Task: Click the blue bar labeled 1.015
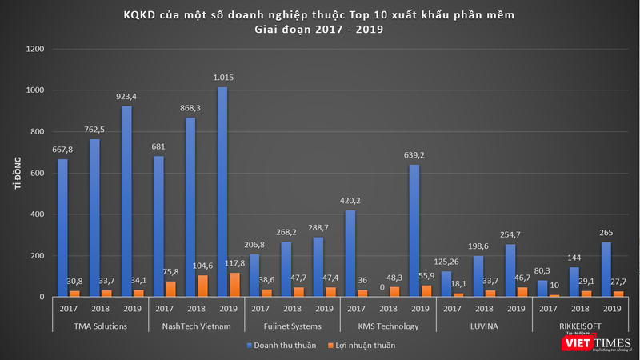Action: click(x=222, y=192)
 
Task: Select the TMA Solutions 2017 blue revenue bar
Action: click(x=62, y=228)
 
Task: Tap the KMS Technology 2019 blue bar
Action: click(x=414, y=231)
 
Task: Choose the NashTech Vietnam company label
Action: click(x=196, y=327)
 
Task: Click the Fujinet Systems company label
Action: click(x=292, y=327)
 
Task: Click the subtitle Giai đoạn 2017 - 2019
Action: click(x=319, y=30)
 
